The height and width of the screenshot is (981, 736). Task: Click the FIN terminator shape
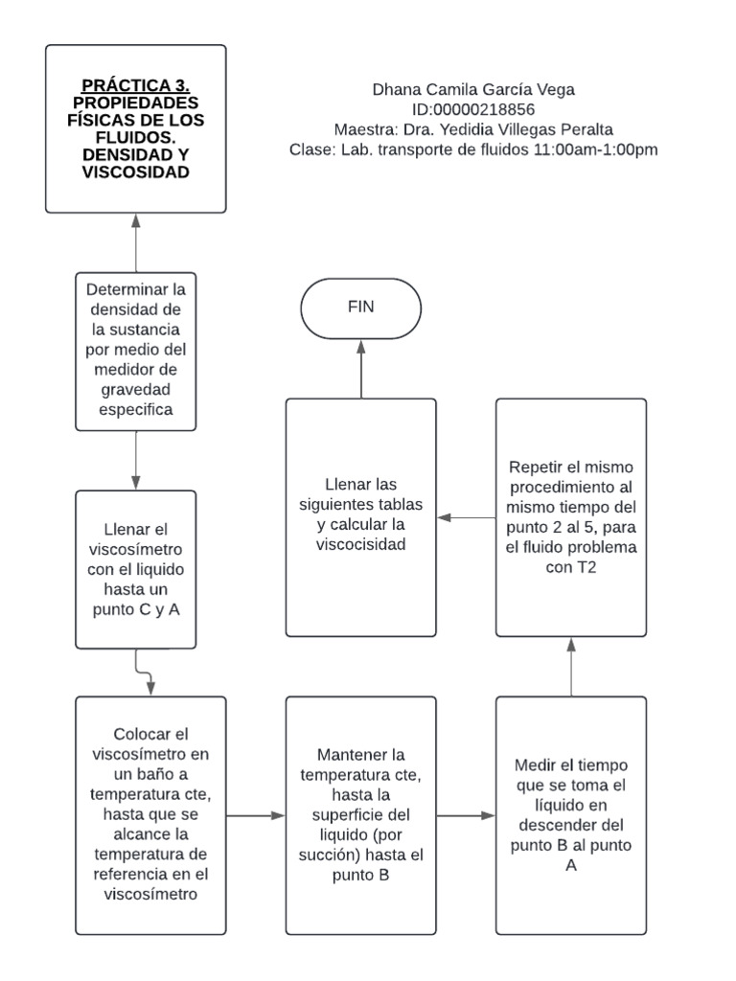point(361,308)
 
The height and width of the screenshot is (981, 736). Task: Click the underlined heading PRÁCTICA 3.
point(135,84)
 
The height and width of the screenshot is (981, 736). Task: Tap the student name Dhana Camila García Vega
point(473,90)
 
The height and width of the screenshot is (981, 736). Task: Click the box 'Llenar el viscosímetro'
point(135,570)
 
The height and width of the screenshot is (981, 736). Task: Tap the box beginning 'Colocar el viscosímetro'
point(150,814)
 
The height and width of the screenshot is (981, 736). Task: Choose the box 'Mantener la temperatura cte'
point(361,814)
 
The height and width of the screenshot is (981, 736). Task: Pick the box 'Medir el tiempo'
point(571,814)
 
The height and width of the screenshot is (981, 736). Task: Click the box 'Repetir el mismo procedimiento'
point(571,517)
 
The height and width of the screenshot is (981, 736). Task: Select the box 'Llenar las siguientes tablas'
point(361,517)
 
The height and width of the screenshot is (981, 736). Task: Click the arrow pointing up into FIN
point(361,369)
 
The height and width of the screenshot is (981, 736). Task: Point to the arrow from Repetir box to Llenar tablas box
point(466,518)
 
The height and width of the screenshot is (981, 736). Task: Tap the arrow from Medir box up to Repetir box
point(571,667)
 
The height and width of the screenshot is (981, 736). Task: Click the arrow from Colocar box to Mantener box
point(256,815)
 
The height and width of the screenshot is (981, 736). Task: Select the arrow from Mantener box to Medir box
point(466,815)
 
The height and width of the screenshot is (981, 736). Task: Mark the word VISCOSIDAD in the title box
point(135,172)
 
